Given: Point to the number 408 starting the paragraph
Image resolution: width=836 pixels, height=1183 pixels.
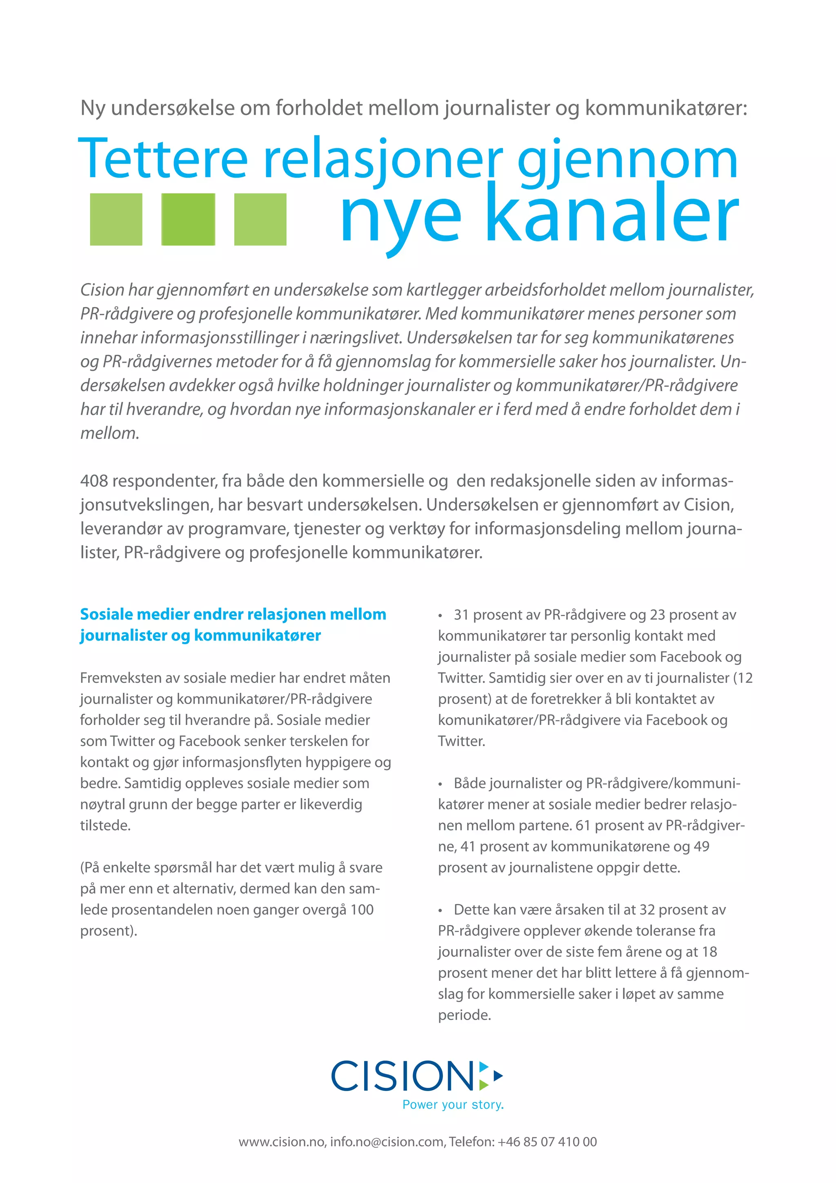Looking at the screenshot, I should click(x=94, y=481).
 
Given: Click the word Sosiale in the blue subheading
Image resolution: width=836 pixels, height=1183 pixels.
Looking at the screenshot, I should click(x=107, y=614).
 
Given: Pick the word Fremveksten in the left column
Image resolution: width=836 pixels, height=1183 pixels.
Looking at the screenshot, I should click(x=120, y=678).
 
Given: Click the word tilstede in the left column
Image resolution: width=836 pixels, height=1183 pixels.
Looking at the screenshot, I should click(x=104, y=825).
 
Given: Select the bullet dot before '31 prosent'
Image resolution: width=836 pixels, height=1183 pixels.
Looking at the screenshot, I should click(x=440, y=616).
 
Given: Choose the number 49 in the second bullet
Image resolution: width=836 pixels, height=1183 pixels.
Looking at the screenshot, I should click(x=702, y=847).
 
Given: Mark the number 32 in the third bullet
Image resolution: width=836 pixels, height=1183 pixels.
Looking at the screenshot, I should click(x=647, y=909).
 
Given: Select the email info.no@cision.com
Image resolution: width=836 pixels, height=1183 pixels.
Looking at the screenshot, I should click(x=387, y=1142).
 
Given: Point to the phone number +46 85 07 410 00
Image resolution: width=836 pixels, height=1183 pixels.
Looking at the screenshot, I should click(x=547, y=1142).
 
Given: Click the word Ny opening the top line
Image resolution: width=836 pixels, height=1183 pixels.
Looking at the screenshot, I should click(x=93, y=109).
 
